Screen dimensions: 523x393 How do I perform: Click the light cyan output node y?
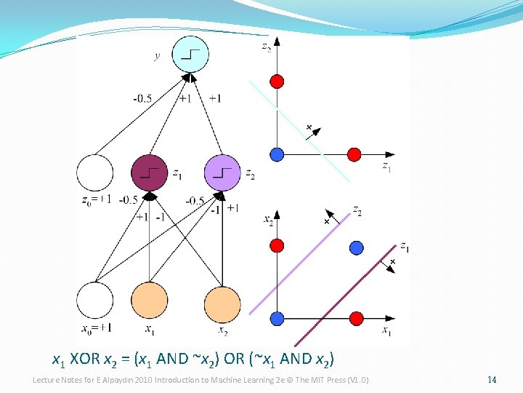click(x=191, y=55)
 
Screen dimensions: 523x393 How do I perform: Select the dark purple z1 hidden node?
click(x=149, y=172)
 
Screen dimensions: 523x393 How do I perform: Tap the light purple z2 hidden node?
click(x=222, y=172)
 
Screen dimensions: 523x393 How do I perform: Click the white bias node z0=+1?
click(x=95, y=172)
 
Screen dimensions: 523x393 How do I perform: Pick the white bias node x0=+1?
click(x=95, y=301)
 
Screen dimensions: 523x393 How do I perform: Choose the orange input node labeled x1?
click(x=149, y=301)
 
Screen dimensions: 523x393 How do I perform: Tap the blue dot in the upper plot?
click(x=276, y=154)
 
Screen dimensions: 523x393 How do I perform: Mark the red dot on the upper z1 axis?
click(x=354, y=154)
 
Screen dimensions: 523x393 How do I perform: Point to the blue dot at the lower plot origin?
click(x=276, y=318)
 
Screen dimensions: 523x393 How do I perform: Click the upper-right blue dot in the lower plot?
click(x=356, y=248)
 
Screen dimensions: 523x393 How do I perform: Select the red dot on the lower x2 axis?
click(x=276, y=248)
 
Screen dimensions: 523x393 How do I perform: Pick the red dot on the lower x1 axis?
click(x=356, y=318)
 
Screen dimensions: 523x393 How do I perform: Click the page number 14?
click(x=492, y=380)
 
